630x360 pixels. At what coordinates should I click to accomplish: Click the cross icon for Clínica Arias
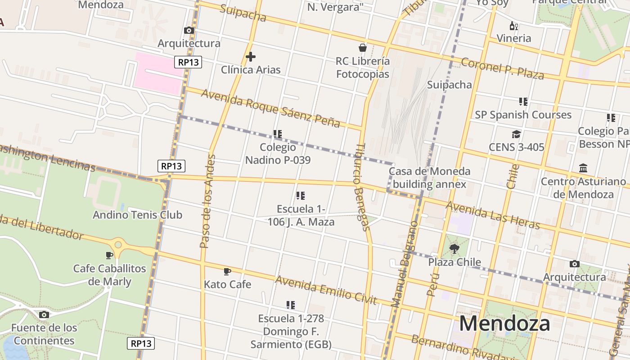[251, 57]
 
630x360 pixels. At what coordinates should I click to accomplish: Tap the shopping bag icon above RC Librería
[362, 48]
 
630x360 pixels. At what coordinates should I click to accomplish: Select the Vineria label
[514, 38]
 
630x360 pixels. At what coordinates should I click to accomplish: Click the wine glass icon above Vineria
[513, 26]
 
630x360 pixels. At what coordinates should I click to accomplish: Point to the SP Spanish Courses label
[523, 115]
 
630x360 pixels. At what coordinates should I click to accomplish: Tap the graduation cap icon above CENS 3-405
[516, 134]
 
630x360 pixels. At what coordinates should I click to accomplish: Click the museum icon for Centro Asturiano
[583, 168]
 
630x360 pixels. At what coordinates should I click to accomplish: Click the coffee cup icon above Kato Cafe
[227, 271]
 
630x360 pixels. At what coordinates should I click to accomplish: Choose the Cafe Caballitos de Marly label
[110, 275]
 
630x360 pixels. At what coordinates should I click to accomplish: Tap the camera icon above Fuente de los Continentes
[44, 315]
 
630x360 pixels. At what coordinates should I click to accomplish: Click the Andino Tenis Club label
[137, 215]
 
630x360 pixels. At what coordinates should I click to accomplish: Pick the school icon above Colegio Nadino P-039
[277, 134]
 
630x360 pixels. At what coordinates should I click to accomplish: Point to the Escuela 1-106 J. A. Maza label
[301, 215]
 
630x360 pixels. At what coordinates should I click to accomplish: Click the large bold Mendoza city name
[504, 323]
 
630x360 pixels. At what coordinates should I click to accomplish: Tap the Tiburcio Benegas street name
[362, 187]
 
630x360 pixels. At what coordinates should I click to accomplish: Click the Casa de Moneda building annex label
[429, 178]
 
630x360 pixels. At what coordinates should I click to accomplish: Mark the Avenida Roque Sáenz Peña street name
[270, 108]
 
